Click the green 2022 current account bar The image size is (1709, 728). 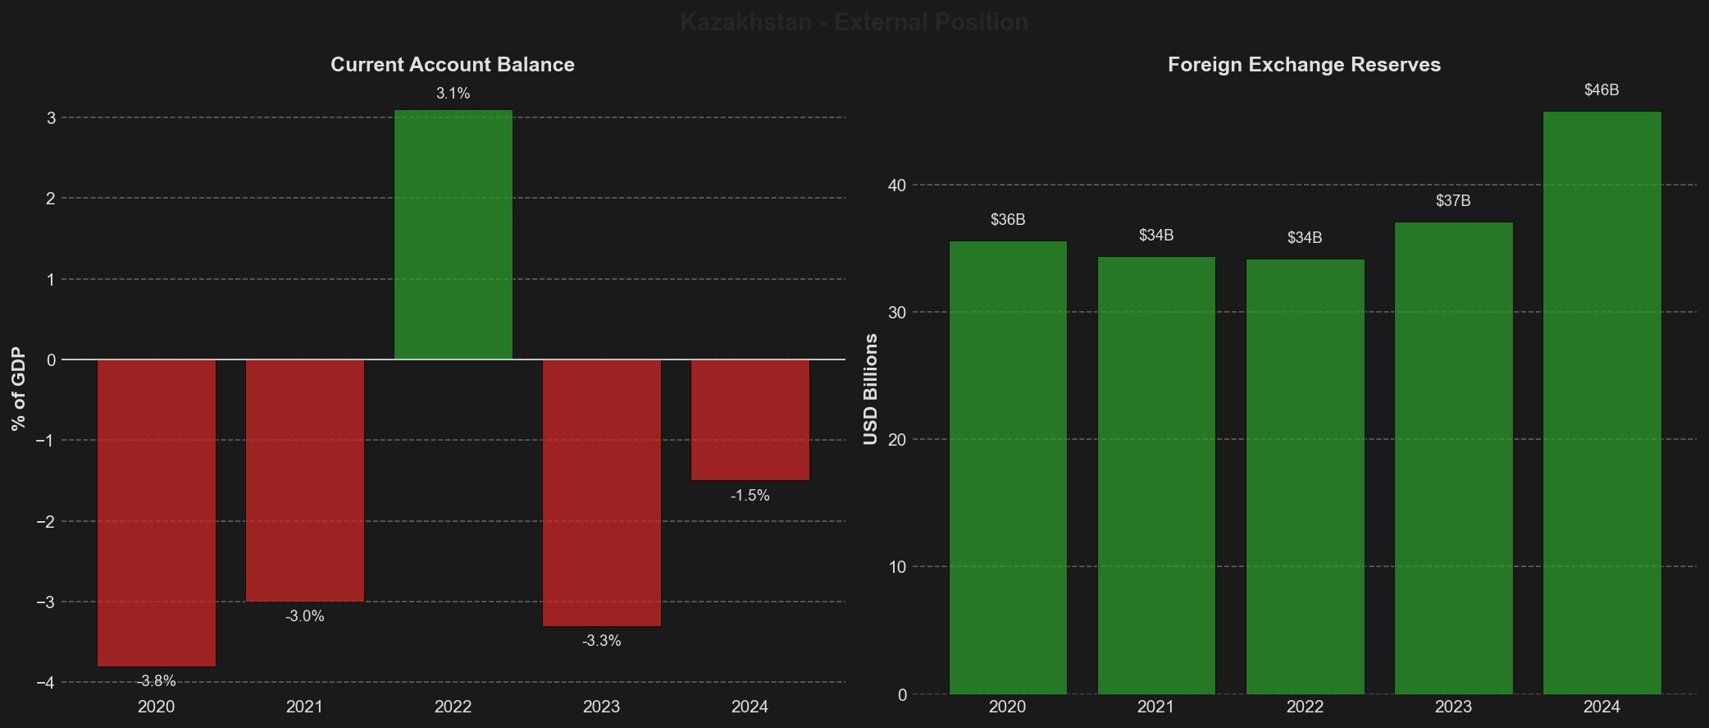click(453, 235)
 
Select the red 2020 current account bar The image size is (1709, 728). click(156, 513)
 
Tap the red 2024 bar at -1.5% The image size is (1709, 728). click(750, 420)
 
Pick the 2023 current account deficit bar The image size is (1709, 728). click(601, 492)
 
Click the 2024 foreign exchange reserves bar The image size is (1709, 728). click(1602, 402)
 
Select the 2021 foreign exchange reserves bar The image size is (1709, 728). click(1156, 475)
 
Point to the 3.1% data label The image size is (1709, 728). click(453, 94)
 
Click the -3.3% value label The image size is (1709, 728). click(601, 641)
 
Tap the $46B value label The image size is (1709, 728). click(1602, 90)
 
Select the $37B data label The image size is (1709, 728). click(1453, 201)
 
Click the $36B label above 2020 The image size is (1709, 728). click(1008, 220)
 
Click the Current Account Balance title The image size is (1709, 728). click(453, 65)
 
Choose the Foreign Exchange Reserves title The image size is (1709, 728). click(1304, 65)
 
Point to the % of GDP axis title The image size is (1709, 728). click(19, 389)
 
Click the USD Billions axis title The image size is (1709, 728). click(871, 389)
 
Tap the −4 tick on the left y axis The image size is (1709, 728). click(46, 683)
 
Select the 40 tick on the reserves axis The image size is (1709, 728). click(897, 185)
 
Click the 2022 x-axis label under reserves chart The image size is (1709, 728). click(1305, 707)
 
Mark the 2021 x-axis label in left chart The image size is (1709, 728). click(304, 707)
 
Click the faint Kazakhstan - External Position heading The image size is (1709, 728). click(854, 22)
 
